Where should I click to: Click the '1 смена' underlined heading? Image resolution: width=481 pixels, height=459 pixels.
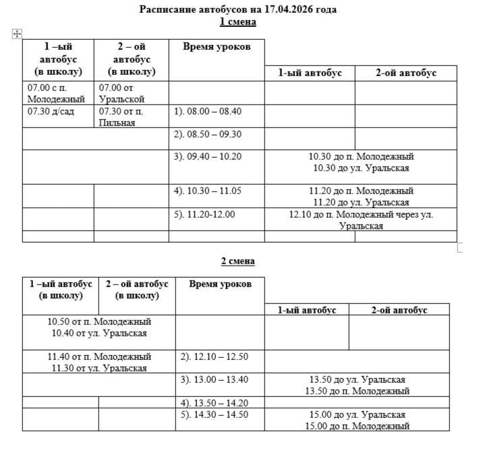click(x=238, y=22)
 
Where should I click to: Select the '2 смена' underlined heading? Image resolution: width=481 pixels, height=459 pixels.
click(x=238, y=261)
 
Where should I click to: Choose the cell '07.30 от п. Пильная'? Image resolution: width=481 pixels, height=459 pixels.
click(x=121, y=117)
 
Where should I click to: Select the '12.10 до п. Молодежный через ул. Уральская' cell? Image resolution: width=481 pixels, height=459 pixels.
click(x=361, y=220)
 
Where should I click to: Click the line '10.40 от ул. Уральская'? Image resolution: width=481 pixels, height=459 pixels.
click(x=99, y=332)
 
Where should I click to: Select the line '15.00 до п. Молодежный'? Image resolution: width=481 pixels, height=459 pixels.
click(x=357, y=426)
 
